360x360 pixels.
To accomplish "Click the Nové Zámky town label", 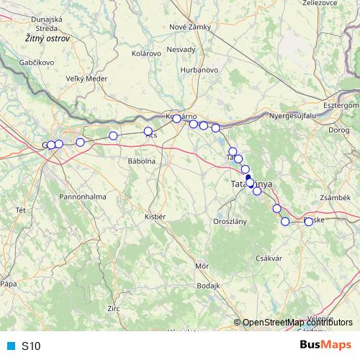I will tap(189, 27).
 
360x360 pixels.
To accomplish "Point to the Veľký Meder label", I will tap(86, 78).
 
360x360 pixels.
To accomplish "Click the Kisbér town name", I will tap(155, 216).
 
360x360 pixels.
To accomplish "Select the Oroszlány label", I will tap(230, 221).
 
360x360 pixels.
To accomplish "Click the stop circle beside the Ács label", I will tap(148, 132).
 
